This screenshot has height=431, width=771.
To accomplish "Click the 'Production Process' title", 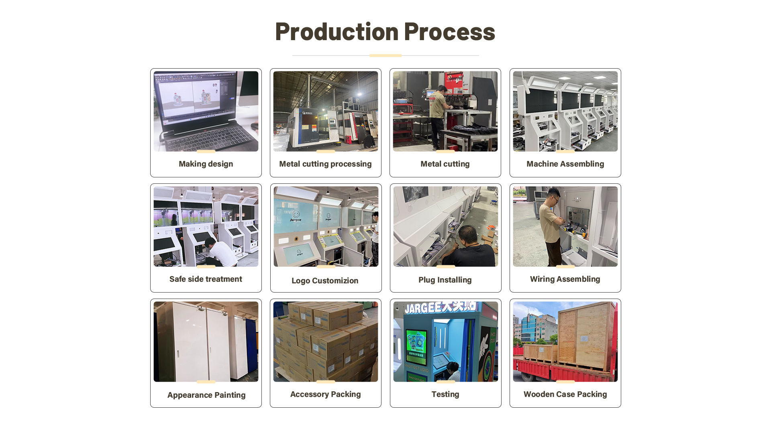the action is coord(385,32).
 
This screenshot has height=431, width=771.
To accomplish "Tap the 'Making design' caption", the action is coord(206,164).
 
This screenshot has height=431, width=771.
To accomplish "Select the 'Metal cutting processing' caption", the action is coord(325,164).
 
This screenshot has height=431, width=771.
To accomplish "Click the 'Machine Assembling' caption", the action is coord(565,164).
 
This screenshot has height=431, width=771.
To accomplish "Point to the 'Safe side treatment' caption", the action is coord(206,279).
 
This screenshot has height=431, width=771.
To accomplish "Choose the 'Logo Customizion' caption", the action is coord(325,281).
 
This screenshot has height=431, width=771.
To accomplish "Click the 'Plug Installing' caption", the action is coord(445,280).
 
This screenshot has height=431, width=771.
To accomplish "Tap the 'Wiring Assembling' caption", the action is coord(565,279).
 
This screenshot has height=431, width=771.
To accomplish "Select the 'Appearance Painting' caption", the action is coord(206,395).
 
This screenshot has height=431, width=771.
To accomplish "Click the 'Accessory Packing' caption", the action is coord(325,394).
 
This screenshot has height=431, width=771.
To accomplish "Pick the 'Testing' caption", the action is coord(445,394).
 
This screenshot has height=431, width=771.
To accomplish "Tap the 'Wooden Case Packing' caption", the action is coord(565,394).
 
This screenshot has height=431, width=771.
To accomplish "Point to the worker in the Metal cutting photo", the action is coord(438,114).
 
